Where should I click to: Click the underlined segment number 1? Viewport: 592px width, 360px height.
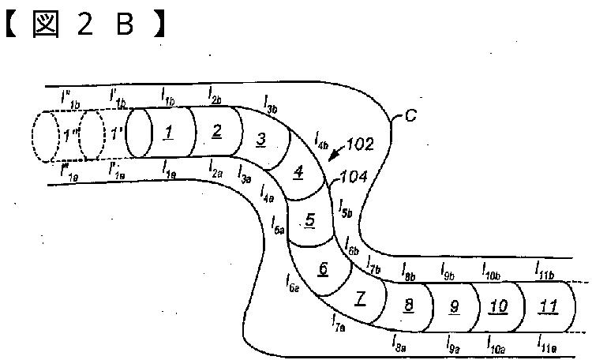(x=168, y=133)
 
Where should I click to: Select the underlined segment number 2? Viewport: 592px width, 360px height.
(x=217, y=131)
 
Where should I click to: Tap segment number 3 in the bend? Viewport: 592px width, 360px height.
(x=260, y=141)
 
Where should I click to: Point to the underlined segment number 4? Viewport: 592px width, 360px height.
(x=298, y=172)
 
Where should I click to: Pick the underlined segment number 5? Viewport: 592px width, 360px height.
(x=310, y=220)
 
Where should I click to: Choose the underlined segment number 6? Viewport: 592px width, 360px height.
(x=323, y=268)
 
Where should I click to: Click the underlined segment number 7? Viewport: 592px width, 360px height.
(x=361, y=298)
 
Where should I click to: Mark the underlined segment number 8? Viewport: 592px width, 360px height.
(x=407, y=305)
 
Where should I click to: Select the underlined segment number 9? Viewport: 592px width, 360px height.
(x=454, y=306)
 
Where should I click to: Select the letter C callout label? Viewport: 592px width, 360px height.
(x=410, y=117)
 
